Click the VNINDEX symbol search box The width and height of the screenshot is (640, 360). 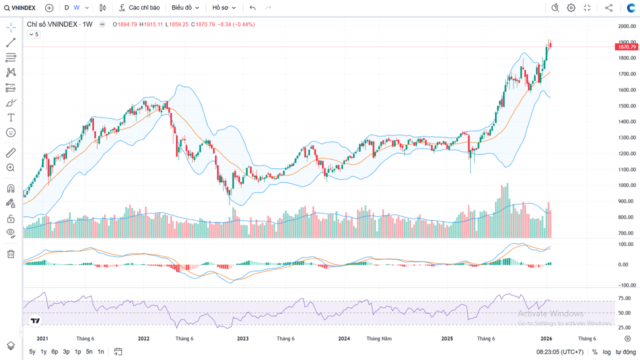coord(20,8)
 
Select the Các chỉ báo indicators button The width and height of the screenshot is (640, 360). coord(139,8)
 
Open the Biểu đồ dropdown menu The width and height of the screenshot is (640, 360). coord(185,8)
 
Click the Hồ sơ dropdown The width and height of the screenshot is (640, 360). coord(223,8)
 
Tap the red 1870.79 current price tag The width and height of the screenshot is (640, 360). coord(626,47)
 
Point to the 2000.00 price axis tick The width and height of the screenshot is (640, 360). coord(626,26)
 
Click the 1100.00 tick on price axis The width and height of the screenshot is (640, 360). coord(626,169)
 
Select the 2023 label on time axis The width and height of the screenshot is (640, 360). coord(242,338)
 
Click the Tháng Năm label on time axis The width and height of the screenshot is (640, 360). coord(379,338)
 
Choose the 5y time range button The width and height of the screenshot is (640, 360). coord(32,351)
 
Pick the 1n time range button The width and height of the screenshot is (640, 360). coord(101,351)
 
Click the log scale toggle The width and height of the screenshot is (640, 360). coord(606,352)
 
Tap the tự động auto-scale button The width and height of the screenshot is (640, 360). coord(625,352)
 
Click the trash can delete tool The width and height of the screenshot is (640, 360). coord(10,254)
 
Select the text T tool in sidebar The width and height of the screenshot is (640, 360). coord(10,117)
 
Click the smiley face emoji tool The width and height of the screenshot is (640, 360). coord(10,132)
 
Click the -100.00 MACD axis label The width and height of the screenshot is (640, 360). coord(625,285)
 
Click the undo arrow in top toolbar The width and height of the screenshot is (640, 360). coord(252,8)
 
